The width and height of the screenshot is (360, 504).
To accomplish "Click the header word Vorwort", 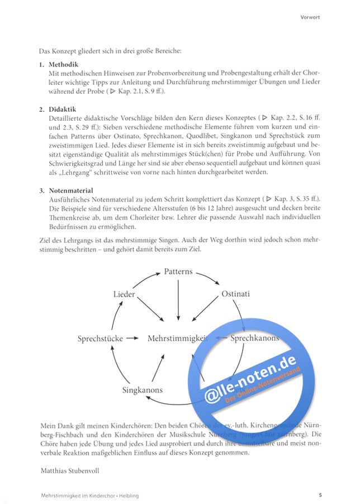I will pos(310,17).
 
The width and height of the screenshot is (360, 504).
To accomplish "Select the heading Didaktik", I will pos(63,109).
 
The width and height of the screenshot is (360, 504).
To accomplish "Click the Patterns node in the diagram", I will pos(178,272).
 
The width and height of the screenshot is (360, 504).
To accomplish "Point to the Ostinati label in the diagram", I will pos(235,294).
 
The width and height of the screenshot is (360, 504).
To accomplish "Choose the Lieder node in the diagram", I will pos(124,294).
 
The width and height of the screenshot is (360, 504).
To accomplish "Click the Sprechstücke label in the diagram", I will pos(100,338).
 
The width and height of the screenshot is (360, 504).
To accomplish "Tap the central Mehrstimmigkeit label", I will pos(178,338).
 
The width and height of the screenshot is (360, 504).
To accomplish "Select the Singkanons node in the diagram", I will pos(144,389).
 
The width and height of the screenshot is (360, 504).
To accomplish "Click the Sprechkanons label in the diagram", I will pos(254,338).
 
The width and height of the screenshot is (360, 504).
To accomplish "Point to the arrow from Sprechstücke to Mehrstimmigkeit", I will pos(132,338).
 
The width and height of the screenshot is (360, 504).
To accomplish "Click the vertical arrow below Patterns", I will pos(178,299).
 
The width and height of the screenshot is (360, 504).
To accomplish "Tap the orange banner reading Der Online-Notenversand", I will pos(263,386).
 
